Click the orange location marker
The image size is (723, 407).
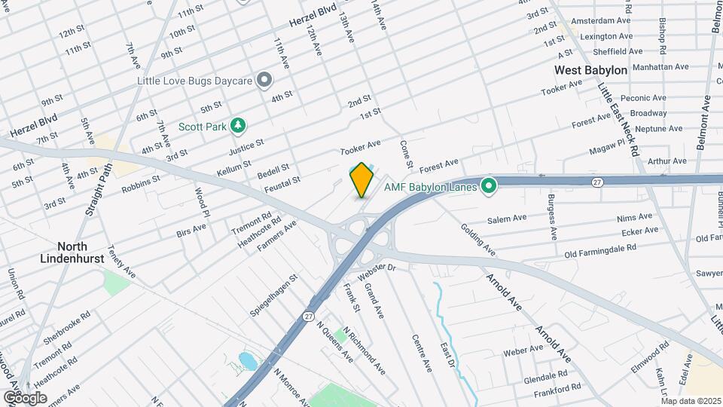click(x=361, y=179)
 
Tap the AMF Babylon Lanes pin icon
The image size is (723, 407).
click(x=488, y=185)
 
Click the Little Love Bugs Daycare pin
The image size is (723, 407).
click(x=264, y=79)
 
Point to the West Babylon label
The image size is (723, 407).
click(x=590, y=70)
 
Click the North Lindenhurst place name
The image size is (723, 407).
click(x=74, y=252)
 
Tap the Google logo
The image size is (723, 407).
click(x=25, y=397)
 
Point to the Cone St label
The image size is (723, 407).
click(x=407, y=154)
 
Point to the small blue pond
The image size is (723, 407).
click(x=247, y=360)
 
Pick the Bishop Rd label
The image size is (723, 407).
click(x=663, y=36)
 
